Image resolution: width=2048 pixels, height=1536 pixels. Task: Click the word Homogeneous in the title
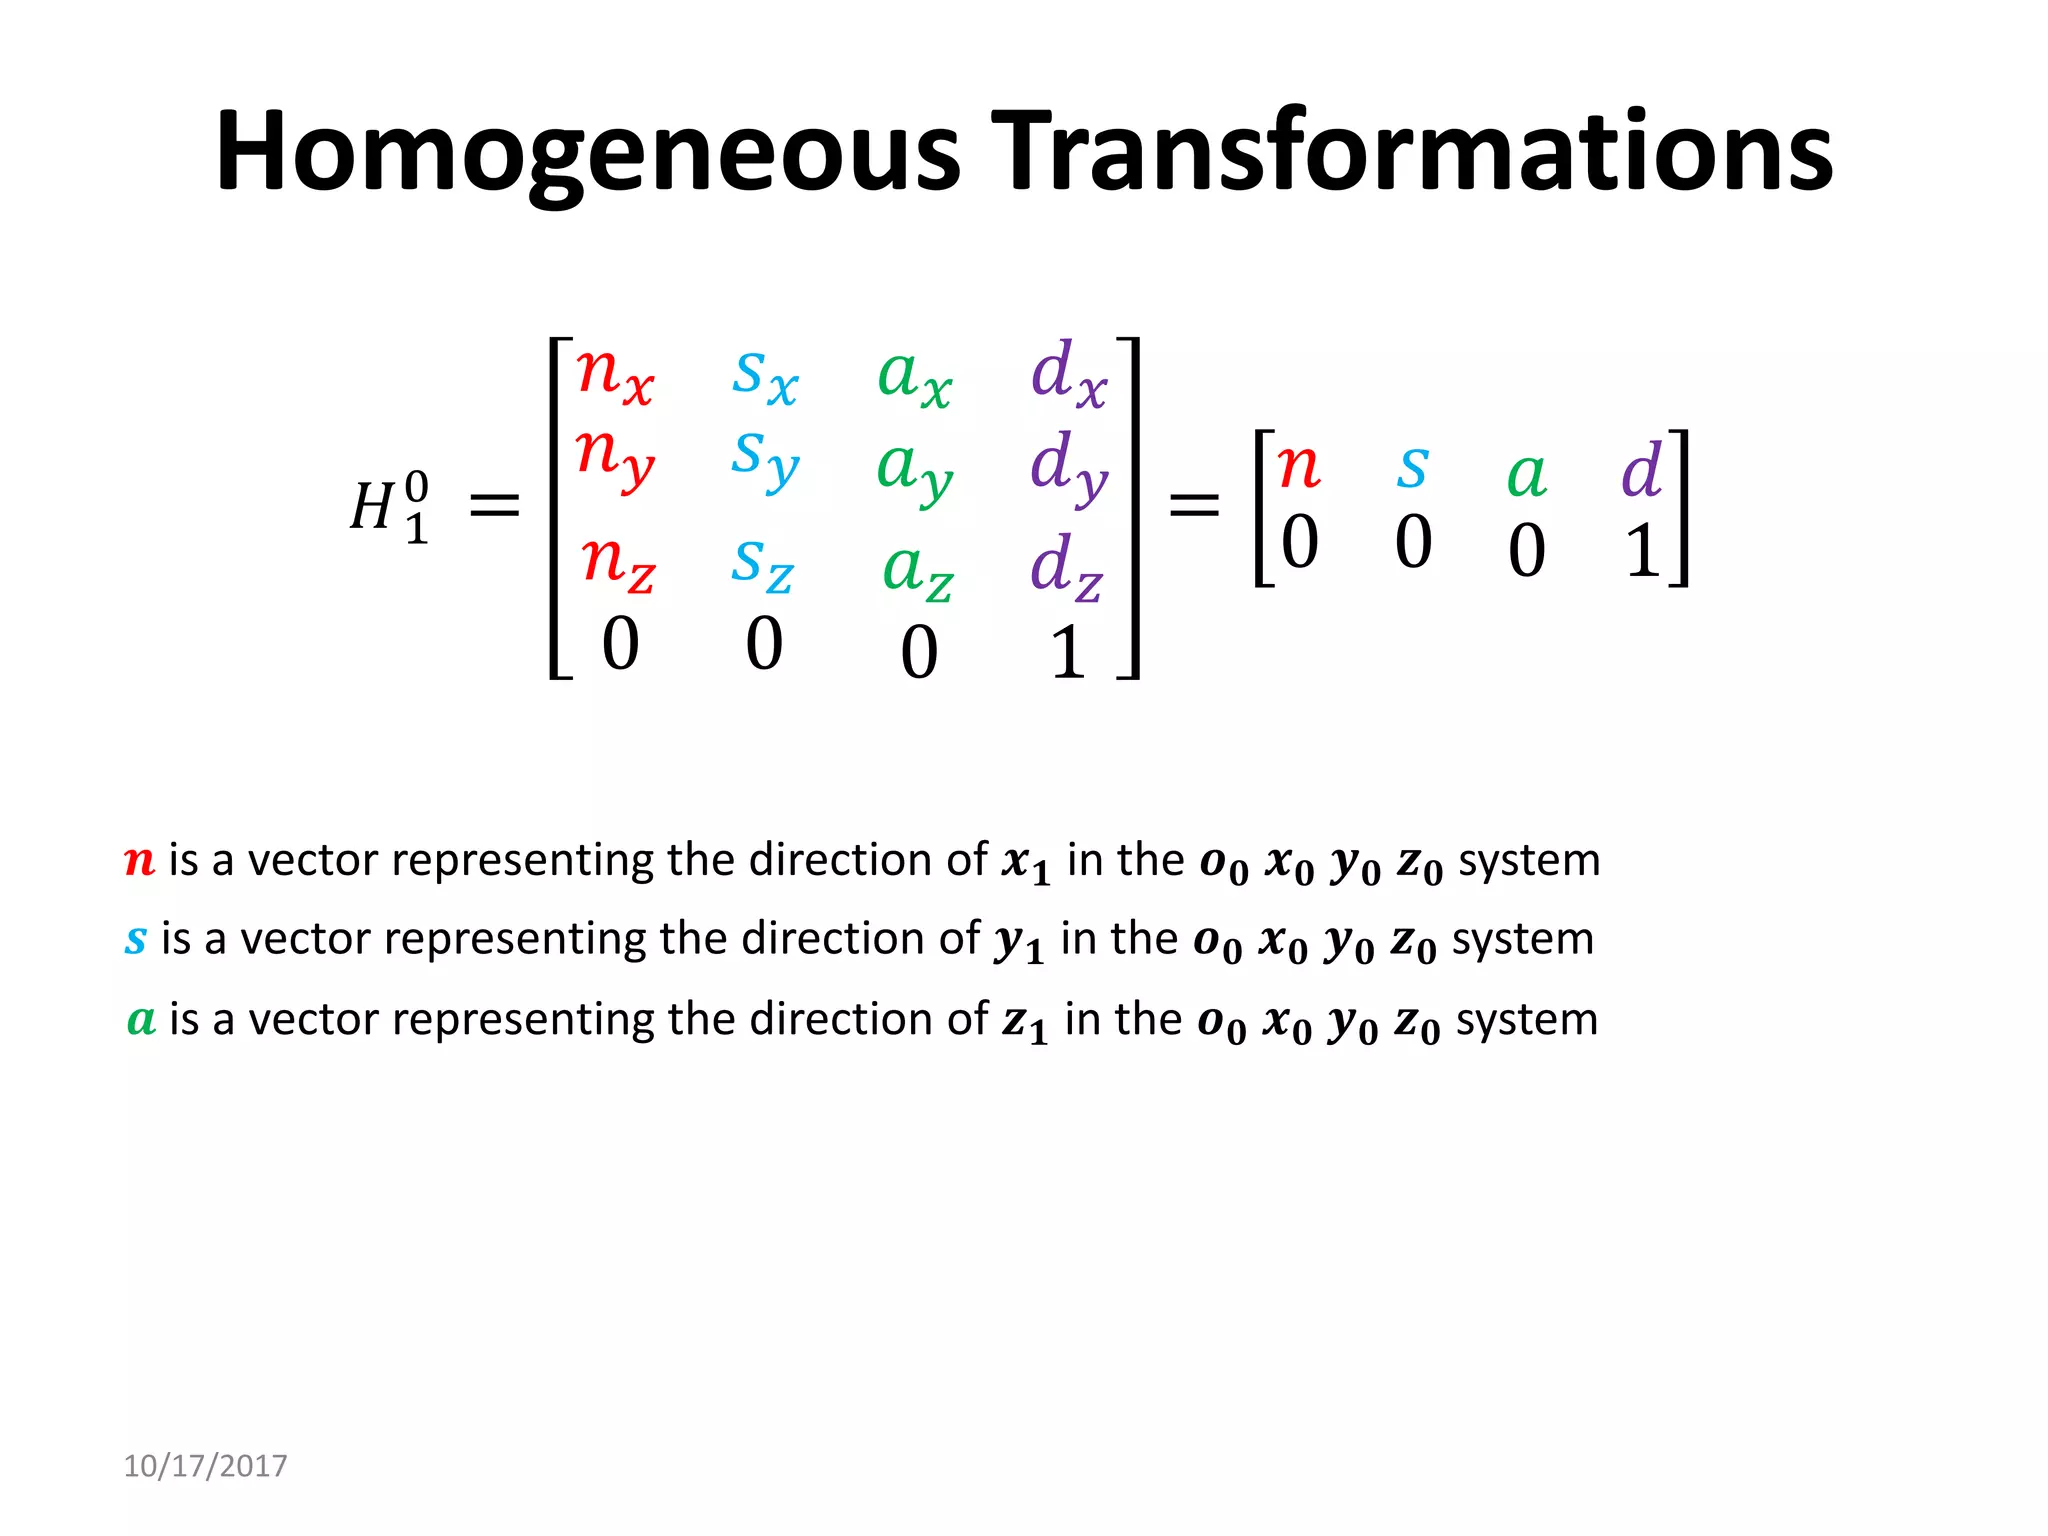(x=588, y=152)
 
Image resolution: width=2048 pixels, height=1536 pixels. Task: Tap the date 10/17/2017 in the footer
(x=205, y=1465)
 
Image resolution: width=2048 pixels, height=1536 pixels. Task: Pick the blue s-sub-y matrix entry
(x=765, y=458)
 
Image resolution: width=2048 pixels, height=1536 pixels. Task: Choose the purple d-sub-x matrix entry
(x=1068, y=374)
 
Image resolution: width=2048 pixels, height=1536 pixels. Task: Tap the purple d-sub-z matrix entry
(x=1066, y=566)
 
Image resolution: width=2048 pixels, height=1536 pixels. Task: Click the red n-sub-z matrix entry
(x=617, y=562)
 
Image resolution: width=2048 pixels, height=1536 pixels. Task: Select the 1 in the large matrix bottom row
(x=1067, y=652)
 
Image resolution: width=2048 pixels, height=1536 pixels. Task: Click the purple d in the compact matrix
(x=1641, y=470)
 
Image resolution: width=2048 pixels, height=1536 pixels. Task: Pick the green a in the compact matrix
(x=1526, y=474)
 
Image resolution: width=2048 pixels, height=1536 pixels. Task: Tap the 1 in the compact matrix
(x=1641, y=551)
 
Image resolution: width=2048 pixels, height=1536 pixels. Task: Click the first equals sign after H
(x=495, y=504)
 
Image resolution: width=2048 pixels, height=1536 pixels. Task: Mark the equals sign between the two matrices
(x=1194, y=504)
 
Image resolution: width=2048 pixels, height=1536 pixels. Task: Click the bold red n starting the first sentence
(x=140, y=861)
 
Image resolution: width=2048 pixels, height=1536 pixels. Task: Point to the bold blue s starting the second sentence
(x=136, y=940)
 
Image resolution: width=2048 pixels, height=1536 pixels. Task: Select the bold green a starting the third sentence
(x=141, y=1020)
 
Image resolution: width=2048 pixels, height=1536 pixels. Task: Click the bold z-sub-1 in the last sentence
(x=1025, y=1022)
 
